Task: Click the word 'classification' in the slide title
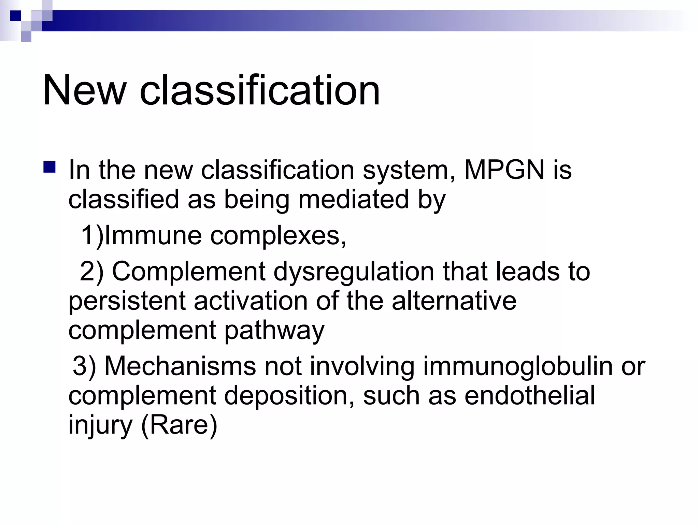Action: pos(260,90)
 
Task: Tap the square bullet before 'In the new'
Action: pos(49,167)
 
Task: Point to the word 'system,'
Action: pos(409,171)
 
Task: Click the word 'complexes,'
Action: pos(278,236)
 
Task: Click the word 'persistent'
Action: pos(127,301)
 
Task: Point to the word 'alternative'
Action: pos(454,301)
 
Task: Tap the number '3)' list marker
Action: pos(84,366)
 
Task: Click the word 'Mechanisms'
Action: pos(180,366)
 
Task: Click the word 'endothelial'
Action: pos(530,396)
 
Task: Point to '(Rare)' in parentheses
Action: pos(179,425)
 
